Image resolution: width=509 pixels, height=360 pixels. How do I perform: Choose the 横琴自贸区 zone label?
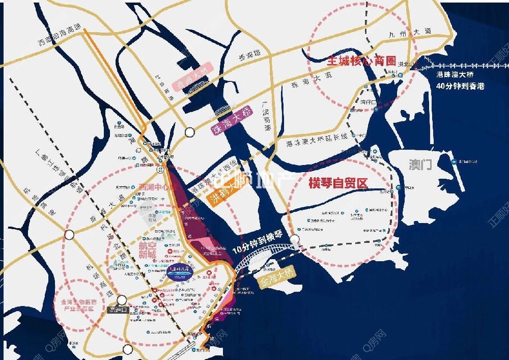[338, 184]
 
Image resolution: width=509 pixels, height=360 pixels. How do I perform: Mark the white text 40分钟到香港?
[461, 86]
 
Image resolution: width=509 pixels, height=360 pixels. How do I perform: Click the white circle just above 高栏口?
[122, 299]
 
